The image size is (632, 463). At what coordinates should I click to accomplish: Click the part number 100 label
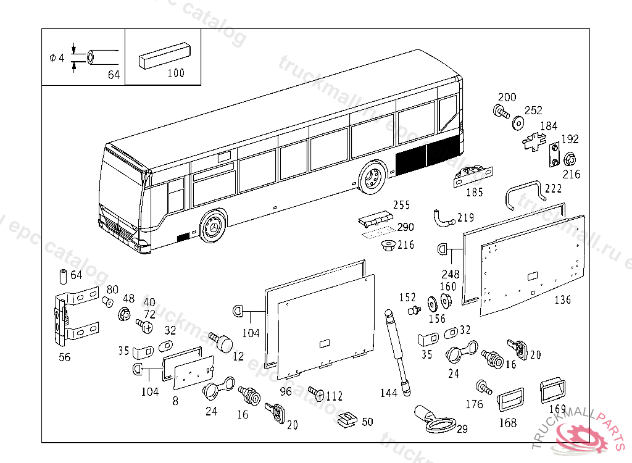coord(176,73)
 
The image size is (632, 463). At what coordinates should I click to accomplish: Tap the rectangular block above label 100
coord(164,54)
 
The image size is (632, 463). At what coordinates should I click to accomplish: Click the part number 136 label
coord(562,300)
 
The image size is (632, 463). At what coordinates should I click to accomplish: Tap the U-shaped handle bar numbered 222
coord(525,192)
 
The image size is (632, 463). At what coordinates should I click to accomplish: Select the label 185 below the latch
coord(474,193)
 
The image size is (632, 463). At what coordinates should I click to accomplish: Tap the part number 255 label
coord(401,205)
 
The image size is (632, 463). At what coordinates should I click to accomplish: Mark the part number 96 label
coord(285,391)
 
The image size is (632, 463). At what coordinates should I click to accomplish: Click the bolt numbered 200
coord(499,112)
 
